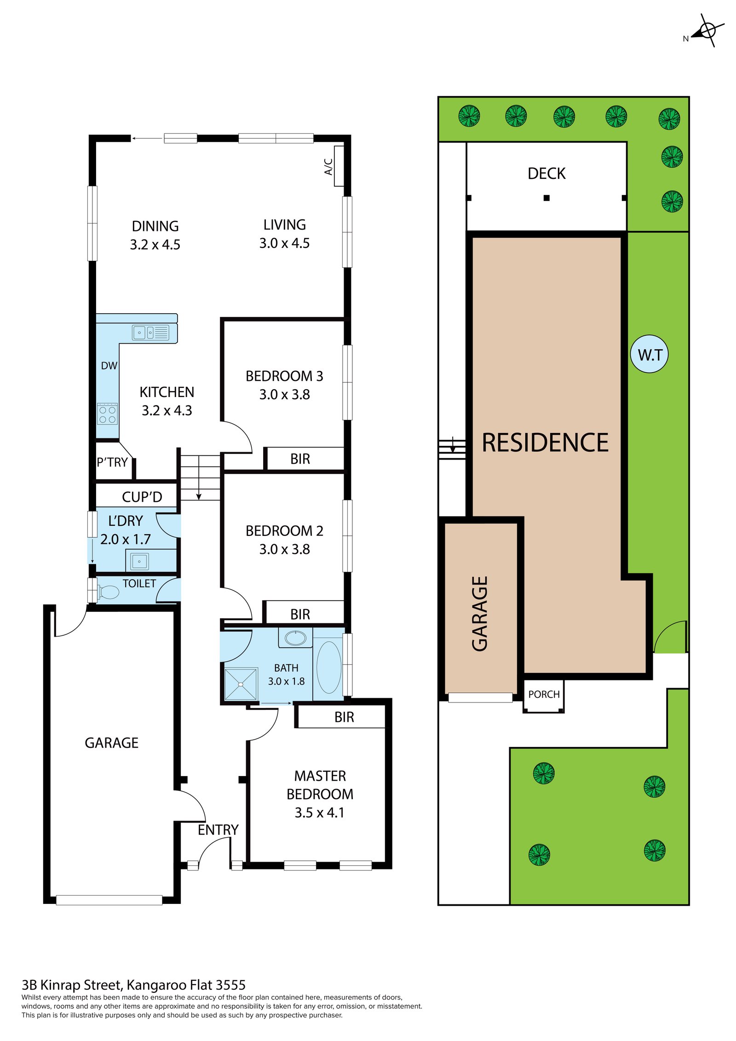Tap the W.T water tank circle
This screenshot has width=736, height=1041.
pyautogui.click(x=649, y=354)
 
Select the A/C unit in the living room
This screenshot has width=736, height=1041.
pyautogui.click(x=339, y=166)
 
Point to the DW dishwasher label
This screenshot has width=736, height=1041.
pyautogui.click(x=109, y=365)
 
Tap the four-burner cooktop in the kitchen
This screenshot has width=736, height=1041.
pyautogui.click(x=107, y=413)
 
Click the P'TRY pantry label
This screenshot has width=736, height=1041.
pyautogui.click(x=112, y=462)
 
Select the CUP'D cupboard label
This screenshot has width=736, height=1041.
pyautogui.click(x=142, y=496)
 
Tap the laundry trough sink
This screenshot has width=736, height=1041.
pyautogui.click(x=139, y=561)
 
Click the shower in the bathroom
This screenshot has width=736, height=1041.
pyautogui.click(x=241, y=684)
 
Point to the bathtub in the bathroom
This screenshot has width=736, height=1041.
pyautogui.click(x=328, y=667)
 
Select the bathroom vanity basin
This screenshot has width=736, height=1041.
pyautogui.click(x=295, y=638)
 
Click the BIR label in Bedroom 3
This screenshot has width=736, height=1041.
pyautogui.click(x=300, y=459)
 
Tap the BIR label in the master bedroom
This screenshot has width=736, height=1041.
pyautogui.click(x=344, y=717)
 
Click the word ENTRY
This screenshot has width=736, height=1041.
pyautogui.click(x=218, y=829)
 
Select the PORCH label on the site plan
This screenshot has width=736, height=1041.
pyautogui.click(x=543, y=694)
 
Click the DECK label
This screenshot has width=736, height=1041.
pyautogui.click(x=546, y=173)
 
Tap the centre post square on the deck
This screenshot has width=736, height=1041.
pyautogui.click(x=546, y=198)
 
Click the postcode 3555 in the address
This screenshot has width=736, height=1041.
pyautogui.click(x=230, y=985)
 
